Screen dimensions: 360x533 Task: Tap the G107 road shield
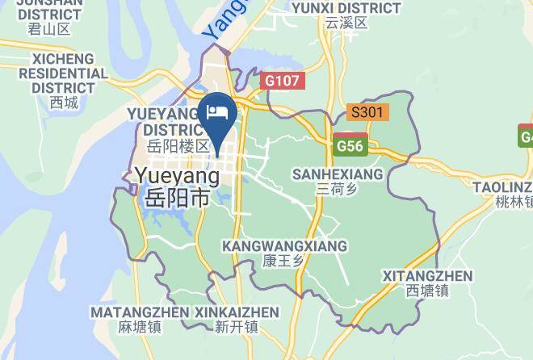point(281,81)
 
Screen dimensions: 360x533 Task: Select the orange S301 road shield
point(367,112)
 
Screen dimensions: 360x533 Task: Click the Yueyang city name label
point(178,175)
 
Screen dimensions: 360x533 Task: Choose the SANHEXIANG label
point(338,174)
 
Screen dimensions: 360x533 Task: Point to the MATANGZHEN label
point(140,312)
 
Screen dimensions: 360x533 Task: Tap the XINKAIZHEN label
point(237,312)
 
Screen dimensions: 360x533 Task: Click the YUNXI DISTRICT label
point(346,8)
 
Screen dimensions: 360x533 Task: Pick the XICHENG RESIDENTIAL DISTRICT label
point(63,73)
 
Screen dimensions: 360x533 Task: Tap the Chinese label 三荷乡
point(338,190)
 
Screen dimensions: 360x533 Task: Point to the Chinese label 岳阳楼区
point(178,147)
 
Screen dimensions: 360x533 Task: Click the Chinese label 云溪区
point(346,23)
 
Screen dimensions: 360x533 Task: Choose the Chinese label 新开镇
point(237,327)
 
